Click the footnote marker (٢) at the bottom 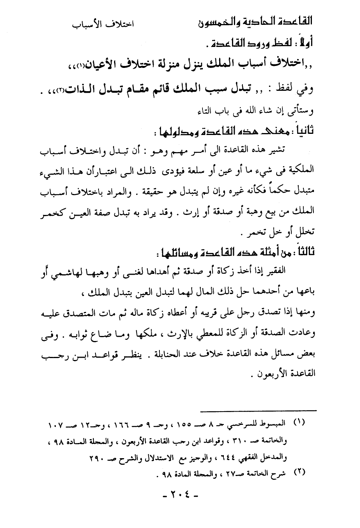[x=299, y=473]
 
